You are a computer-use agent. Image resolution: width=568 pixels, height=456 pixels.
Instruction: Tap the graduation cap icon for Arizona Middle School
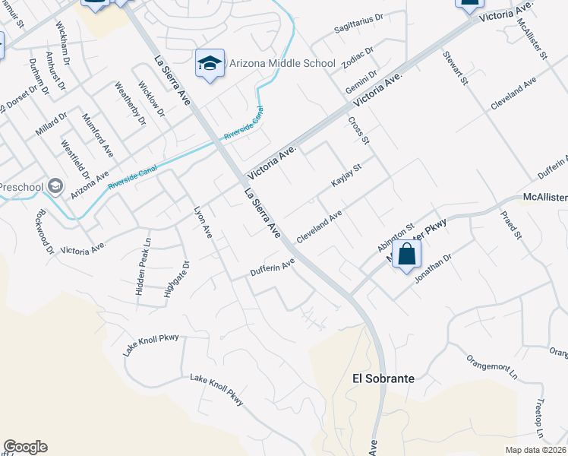(210, 64)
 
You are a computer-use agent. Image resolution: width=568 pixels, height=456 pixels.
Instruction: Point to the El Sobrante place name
(383, 378)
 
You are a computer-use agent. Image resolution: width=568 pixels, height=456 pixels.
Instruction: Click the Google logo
(25, 447)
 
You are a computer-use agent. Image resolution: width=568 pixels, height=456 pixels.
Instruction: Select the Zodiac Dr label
(359, 57)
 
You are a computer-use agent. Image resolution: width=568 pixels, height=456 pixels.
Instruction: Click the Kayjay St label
(345, 175)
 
